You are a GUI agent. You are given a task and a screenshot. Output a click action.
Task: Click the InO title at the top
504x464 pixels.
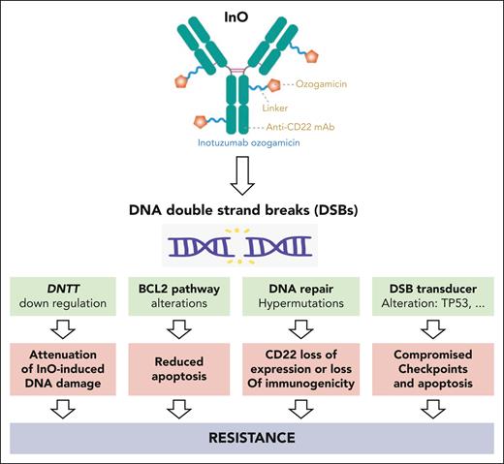pyautogui.click(x=250, y=12)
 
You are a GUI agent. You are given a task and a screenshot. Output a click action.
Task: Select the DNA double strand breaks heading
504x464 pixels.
pyautogui.click(x=250, y=212)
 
